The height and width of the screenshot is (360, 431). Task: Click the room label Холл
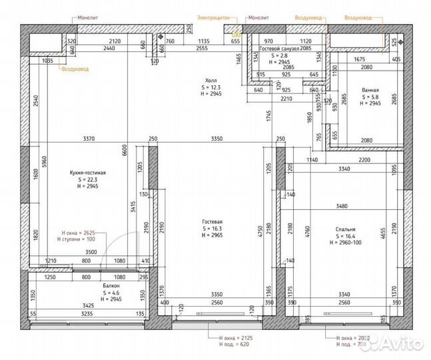[x=212, y=79]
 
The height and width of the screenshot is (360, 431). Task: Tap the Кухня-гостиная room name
[x=88, y=173]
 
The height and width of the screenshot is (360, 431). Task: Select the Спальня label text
[x=346, y=227]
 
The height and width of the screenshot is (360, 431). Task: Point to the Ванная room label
[x=370, y=89]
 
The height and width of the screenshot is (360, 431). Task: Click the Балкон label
[x=111, y=285]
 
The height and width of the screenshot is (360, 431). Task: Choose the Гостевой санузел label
[x=282, y=49]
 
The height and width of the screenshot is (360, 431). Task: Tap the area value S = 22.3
[x=88, y=180]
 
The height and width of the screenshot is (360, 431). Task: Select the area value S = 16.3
[x=213, y=229]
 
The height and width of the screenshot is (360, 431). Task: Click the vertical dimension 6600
[x=124, y=151]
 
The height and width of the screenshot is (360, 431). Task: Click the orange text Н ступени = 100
[x=79, y=239]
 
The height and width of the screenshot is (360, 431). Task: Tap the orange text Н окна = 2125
[x=237, y=339]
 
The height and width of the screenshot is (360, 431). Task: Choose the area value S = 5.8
[x=370, y=97]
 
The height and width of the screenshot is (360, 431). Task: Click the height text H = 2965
[x=213, y=236]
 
